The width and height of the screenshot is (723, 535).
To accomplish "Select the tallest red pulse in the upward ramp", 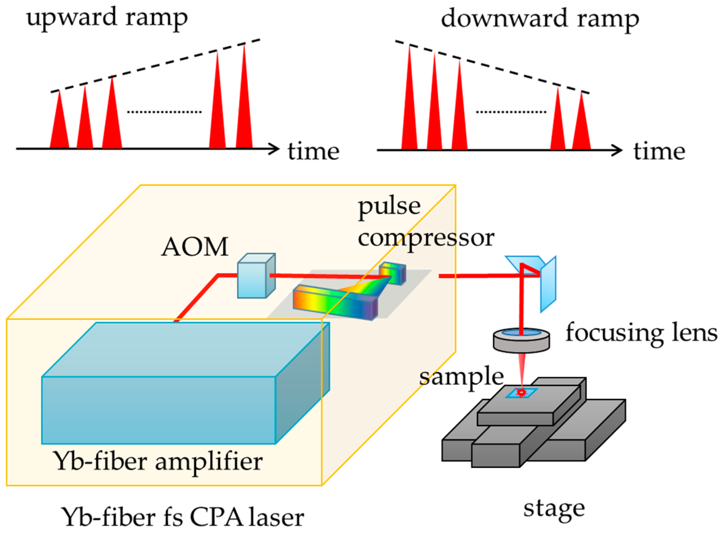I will point(244,111).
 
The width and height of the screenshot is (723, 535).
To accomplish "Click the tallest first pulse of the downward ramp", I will point(409,111).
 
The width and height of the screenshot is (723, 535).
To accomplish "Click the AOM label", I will point(195,247).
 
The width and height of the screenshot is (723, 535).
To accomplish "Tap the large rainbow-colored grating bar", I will point(335,302).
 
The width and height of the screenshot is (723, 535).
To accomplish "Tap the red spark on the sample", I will point(521,392).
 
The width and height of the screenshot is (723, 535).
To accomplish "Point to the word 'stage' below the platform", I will point(554,510).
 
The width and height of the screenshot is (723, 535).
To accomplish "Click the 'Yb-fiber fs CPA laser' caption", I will point(183,518).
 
